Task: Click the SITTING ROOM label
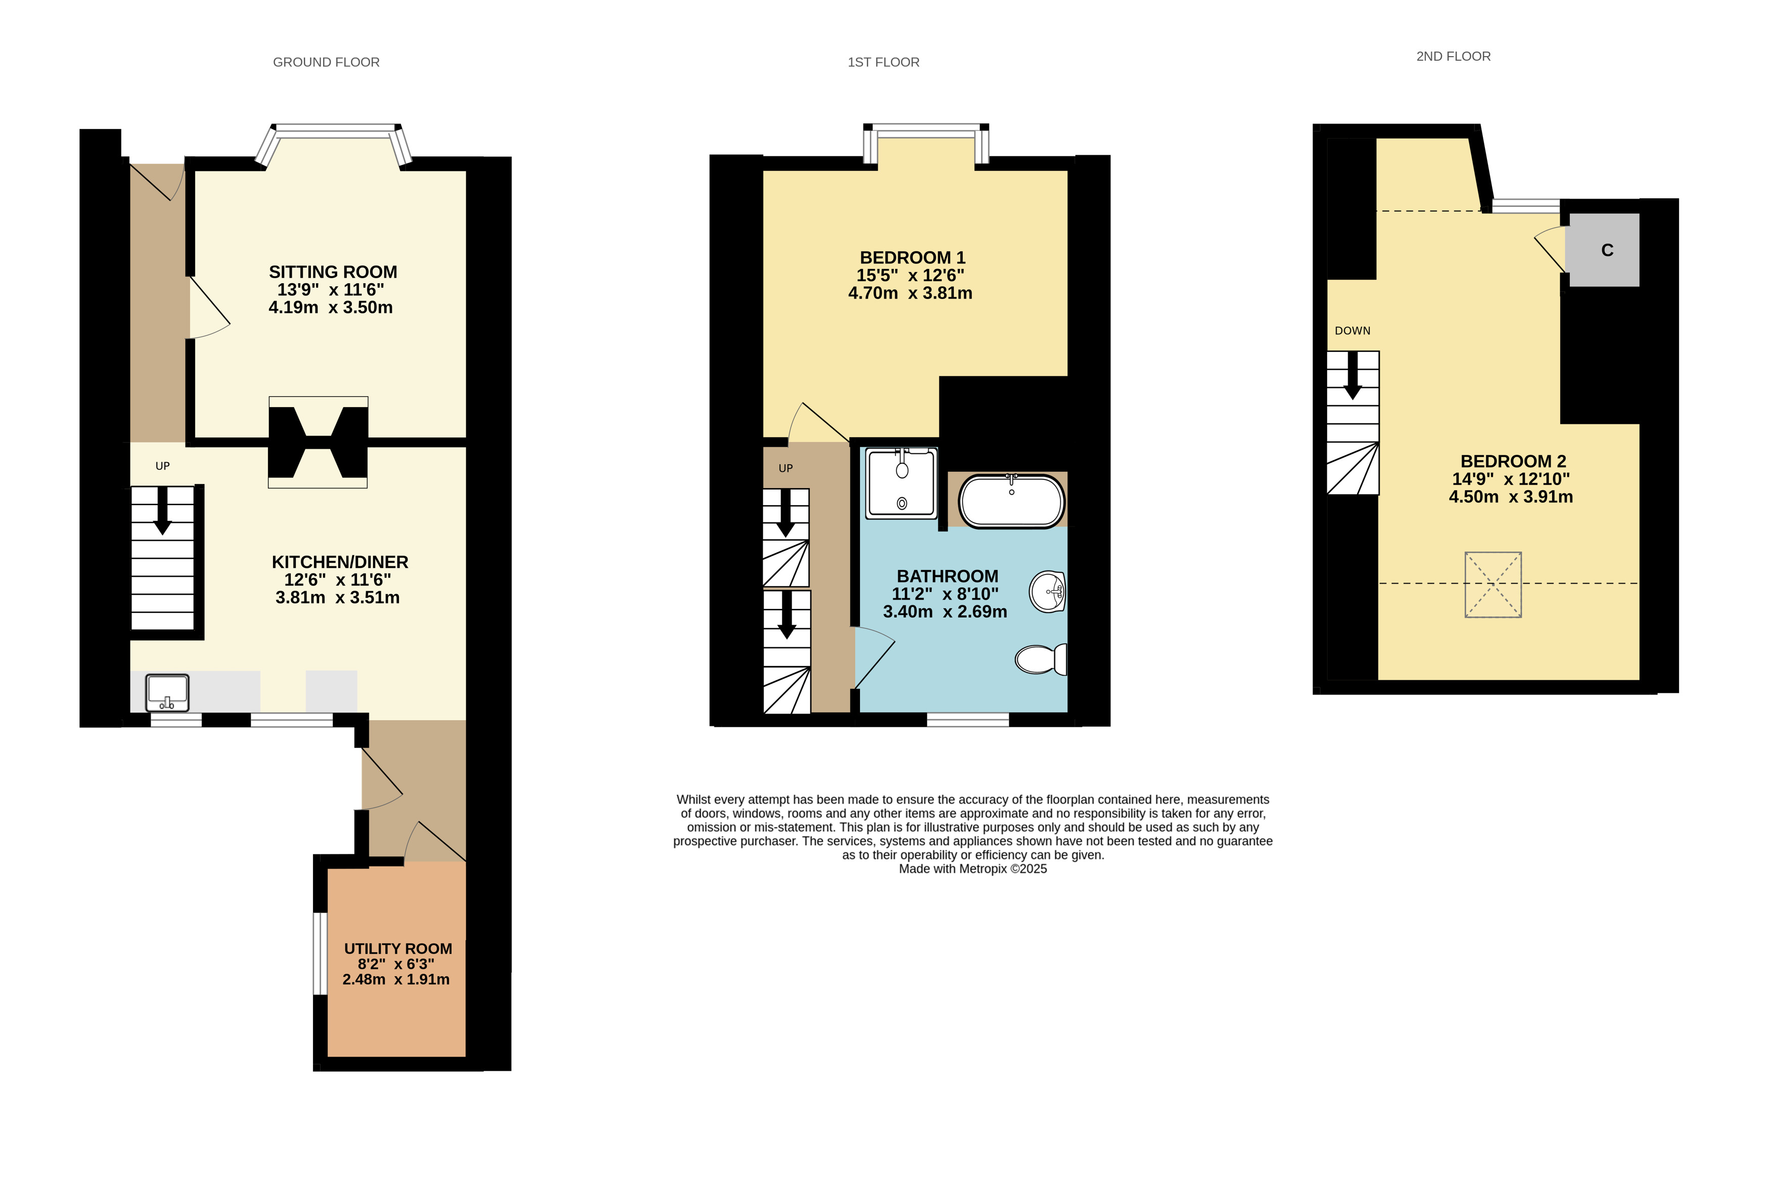click(333, 272)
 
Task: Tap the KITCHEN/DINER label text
click(340, 562)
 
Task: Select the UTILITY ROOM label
click(398, 949)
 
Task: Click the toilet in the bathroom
click(1041, 658)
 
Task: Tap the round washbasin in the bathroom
click(1048, 591)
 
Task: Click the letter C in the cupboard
click(1607, 250)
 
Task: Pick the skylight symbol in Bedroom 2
click(1493, 585)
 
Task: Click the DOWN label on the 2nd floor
click(1352, 331)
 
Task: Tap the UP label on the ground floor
click(163, 466)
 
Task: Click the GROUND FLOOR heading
click(326, 62)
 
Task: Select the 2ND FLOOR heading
click(1453, 56)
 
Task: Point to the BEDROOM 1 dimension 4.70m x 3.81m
click(911, 293)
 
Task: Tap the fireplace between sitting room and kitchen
click(318, 442)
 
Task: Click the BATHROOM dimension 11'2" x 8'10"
click(945, 594)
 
